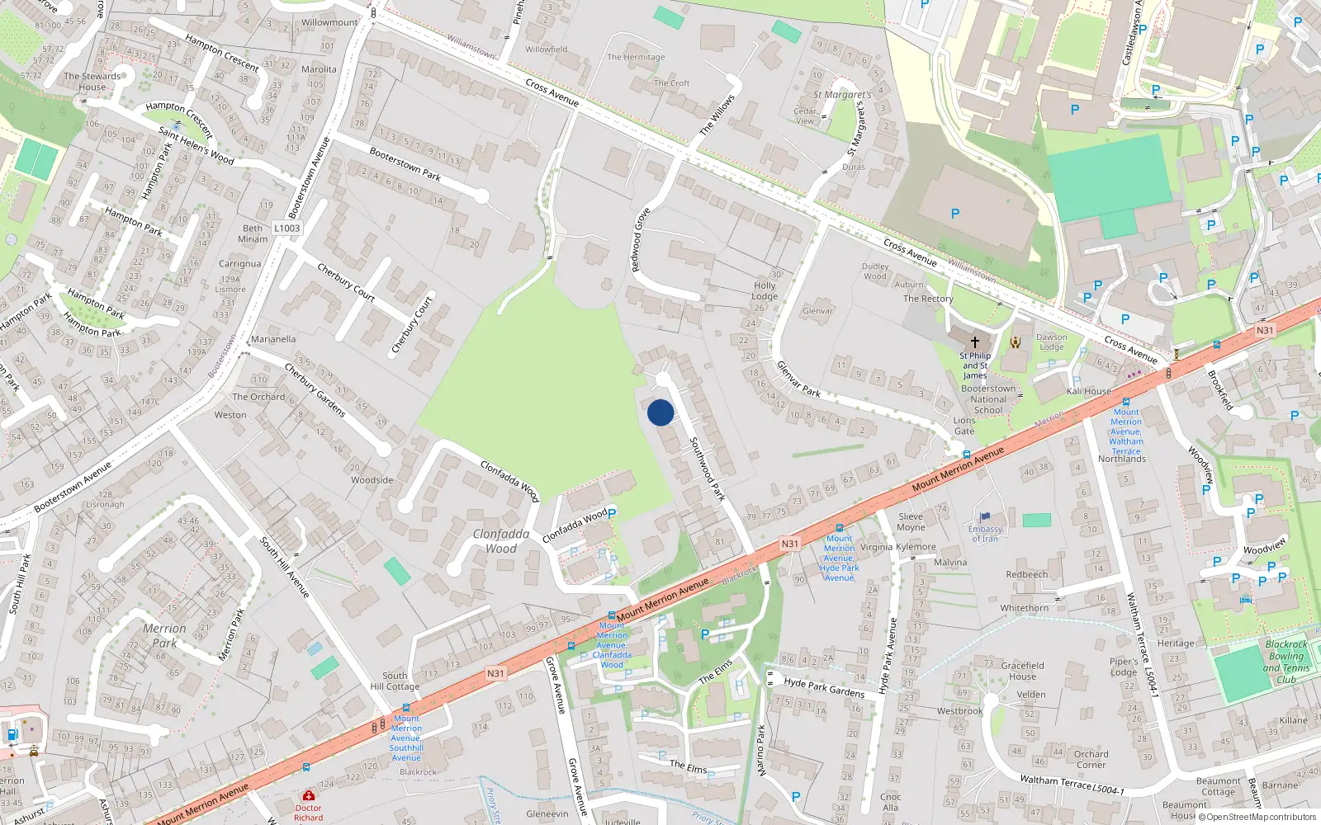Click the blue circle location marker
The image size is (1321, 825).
click(660, 412)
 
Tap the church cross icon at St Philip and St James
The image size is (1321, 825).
click(975, 342)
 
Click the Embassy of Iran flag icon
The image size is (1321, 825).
click(985, 517)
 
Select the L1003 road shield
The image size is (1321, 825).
click(286, 229)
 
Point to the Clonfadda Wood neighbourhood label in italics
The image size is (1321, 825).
click(501, 541)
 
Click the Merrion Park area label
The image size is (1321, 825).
click(164, 635)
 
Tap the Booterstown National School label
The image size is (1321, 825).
click(988, 399)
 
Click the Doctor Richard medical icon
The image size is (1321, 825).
click(309, 796)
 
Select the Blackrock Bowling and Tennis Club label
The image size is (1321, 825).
click(1286, 662)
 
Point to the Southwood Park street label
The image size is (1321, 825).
click(708, 469)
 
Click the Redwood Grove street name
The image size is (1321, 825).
click(641, 240)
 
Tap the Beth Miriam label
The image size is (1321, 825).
click(253, 233)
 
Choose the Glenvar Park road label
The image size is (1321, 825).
click(798, 379)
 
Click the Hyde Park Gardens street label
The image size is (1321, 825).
click(824, 687)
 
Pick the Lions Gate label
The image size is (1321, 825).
click(964, 426)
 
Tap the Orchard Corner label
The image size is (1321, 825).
click(1091, 759)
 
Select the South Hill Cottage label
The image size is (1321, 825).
click(395, 681)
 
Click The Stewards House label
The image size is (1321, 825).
click(92, 81)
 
